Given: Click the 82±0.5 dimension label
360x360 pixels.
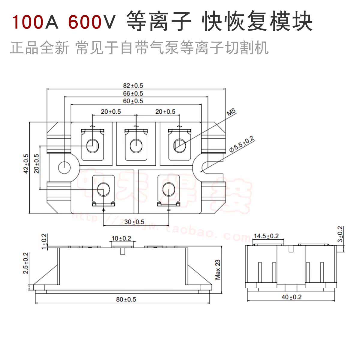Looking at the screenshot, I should point(133,86).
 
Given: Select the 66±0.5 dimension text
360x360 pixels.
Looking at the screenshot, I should point(133,94).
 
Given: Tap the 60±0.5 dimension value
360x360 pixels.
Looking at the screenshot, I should point(133,101).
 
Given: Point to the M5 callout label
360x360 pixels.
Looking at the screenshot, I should point(231,113).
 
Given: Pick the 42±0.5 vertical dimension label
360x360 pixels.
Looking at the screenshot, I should point(26,163).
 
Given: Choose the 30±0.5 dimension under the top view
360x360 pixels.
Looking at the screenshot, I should point(134,222).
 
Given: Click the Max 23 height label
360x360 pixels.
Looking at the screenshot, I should point(218,269).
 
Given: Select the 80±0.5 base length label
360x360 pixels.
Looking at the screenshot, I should point(126,299).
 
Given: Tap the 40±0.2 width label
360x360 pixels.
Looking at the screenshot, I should point(291,297).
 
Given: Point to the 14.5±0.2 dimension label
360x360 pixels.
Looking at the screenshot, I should point(266,236).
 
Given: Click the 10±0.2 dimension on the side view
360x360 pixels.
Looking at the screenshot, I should point(121,238).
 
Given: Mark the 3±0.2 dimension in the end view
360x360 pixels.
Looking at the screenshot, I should point(340,234).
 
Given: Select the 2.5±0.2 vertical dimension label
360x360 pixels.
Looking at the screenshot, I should point(26,263).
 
